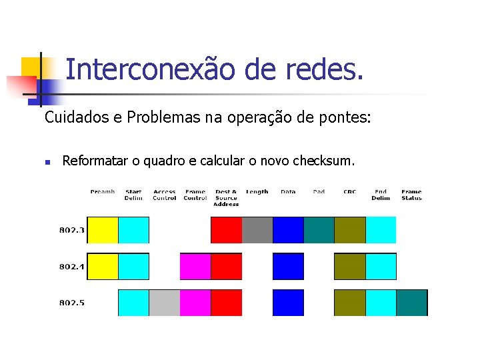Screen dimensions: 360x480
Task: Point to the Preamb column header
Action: [x=103, y=192]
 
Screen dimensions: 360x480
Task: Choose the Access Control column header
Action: [x=164, y=195]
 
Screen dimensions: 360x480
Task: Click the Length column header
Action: [x=257, y=192]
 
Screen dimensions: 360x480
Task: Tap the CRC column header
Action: [x=349, y=192]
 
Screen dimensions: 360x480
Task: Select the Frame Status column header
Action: [x=411, y=195]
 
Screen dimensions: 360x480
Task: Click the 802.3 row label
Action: [x=72, y=230]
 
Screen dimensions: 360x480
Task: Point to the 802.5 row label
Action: [x=72, y=303]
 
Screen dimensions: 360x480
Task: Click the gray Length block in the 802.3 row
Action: [x=257, y=230]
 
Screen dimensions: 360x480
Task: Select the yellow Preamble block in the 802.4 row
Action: [x=103, y=266]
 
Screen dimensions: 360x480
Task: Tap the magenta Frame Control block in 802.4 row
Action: [x=195, y=266]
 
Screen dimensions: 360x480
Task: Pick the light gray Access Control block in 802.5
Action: [x=164, y=302]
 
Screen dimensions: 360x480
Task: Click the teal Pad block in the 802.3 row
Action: [x=319, y=230]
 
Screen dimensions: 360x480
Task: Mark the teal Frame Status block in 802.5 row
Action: [x=411, y=302]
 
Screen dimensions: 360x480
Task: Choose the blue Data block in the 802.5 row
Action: [x=288, y=302]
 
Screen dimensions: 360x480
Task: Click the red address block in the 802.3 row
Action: [x=226, y=230]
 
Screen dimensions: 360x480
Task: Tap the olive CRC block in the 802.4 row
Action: [x=349, y=266]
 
